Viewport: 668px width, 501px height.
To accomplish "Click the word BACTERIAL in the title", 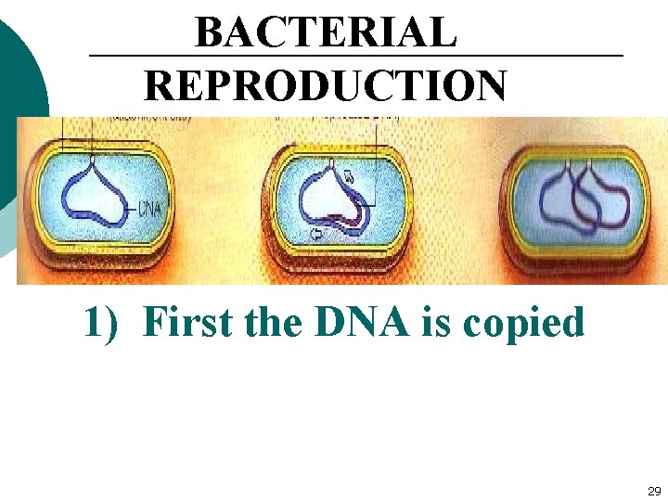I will pyautogui.click(x=326, y=33).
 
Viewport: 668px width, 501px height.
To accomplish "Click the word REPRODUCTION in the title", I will pyautogui.click(x=326, y=86).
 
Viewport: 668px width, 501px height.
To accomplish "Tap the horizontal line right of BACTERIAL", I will pyautogui.click(x=543, y=57).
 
